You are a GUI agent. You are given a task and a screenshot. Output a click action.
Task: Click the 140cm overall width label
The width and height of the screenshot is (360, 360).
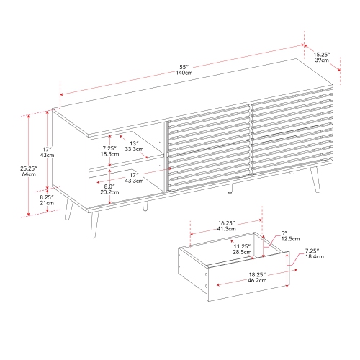184,73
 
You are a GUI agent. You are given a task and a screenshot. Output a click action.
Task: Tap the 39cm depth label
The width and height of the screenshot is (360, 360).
322,60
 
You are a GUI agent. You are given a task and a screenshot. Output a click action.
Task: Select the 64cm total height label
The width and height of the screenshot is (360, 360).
29,174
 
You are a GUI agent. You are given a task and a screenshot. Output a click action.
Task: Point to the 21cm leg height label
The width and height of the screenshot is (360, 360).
47,203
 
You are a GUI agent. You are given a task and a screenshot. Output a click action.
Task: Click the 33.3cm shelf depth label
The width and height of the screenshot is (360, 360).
134,149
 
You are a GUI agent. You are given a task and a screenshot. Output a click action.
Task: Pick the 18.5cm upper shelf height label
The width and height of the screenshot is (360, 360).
109,154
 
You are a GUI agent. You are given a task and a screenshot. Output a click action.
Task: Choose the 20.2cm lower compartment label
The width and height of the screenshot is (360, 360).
109,192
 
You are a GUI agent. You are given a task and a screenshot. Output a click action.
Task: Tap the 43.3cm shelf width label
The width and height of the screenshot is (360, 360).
134,181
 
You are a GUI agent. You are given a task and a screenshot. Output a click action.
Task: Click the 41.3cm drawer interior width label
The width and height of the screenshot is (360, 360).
227,229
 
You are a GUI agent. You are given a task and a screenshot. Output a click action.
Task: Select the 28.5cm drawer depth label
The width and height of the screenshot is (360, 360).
242,252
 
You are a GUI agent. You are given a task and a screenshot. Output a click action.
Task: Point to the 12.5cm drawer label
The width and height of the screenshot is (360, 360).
290,239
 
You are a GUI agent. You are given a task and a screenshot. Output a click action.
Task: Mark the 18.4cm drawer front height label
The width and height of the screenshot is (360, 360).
315,256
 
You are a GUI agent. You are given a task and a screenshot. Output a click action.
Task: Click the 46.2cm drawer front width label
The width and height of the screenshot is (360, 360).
257,280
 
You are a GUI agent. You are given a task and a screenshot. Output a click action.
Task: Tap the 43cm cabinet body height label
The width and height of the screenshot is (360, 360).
47,155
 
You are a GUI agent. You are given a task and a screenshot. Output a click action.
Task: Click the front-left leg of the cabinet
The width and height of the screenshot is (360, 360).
94,225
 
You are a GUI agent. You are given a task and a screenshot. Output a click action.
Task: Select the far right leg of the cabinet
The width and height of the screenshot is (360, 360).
315,179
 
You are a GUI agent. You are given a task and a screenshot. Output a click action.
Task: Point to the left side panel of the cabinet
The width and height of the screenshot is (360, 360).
70,159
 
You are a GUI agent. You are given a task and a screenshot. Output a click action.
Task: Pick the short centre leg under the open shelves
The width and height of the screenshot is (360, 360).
145,207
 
